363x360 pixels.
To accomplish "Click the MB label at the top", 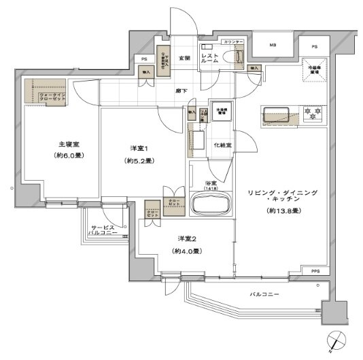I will (273, 46).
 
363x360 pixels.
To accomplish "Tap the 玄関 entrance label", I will (184, 58).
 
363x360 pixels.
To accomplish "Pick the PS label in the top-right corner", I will (314, 46).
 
